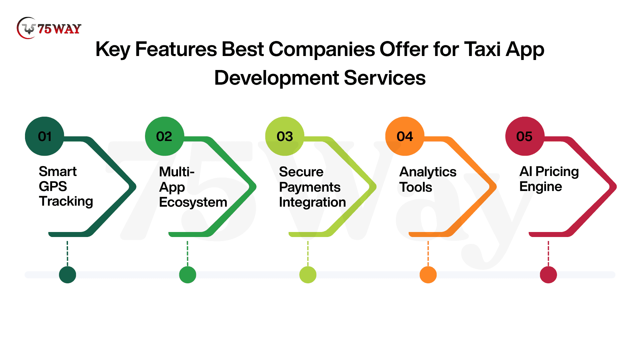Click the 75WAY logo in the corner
(x=49, y=28)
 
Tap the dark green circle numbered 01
(x=45, y=136)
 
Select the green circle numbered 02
(x=165, y=136)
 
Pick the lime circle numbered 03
(x=285, y=136)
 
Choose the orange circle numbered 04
(x=405, y=136)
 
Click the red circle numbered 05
(x=525, y=136)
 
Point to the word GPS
(x=53, y=186)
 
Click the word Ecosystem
(x=193, y=202)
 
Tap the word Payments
(x=310, y=187)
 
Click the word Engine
(x=541, y=187)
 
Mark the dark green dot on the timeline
(x=67, y=275)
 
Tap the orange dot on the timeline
(x=428, y=275)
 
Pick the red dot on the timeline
(x=548, y=275)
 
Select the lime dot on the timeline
(x=308, y=275)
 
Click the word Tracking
(x=66, y=202)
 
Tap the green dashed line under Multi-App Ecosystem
(x=187, y=254)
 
